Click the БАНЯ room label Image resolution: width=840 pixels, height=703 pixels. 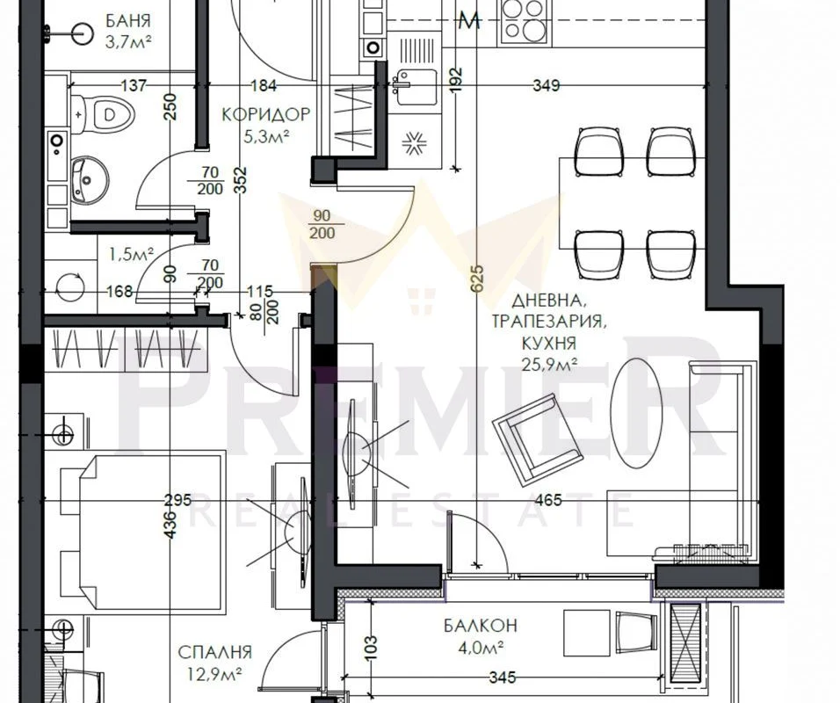(128, 21)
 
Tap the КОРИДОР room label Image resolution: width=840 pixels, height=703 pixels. (265, 114)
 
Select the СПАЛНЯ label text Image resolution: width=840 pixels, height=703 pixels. (214, 652)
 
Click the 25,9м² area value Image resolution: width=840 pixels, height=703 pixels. (550, 365)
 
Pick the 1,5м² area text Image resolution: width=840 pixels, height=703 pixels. (131, 254)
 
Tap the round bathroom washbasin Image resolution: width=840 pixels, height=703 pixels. (90, 180)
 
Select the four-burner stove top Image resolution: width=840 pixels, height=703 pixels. (525, 21)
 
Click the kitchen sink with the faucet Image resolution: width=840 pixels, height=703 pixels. (415, 88)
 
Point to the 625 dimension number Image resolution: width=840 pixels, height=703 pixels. (477, 279)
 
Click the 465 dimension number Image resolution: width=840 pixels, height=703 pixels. (548, 500)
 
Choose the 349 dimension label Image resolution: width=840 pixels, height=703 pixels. (547, 85)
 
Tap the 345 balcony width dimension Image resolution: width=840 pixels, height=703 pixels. (503, 678)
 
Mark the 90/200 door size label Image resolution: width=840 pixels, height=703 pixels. (322, 224)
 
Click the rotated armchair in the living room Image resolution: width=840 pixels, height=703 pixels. (538, 439)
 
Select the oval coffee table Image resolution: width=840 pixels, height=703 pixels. (636, 412)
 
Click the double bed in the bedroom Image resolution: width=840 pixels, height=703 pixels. (143, 532)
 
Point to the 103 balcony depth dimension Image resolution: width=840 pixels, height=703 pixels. (370, 648)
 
